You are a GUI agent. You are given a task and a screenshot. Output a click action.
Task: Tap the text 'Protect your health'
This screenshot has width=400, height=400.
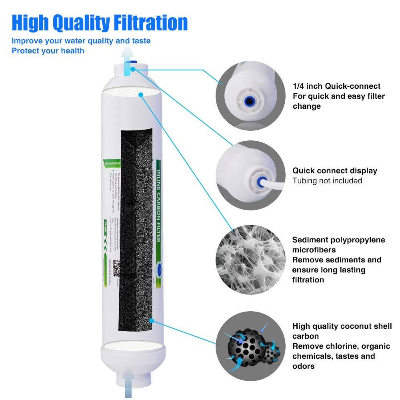[48, 51]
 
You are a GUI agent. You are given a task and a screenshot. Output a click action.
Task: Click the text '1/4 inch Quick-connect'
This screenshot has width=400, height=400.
[336, 86]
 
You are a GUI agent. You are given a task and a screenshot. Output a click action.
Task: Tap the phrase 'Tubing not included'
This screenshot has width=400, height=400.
[327, 181]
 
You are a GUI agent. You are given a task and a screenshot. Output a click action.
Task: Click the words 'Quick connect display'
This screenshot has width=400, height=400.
[334, 171]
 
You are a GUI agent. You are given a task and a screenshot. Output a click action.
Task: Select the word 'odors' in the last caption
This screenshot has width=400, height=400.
[304, 366]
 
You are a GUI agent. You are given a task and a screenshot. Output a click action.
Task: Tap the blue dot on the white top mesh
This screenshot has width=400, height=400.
[140, 95]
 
